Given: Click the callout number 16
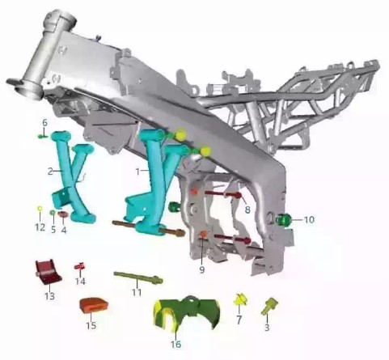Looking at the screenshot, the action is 175,344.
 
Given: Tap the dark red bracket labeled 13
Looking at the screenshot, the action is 48,273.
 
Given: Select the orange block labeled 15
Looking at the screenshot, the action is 93,305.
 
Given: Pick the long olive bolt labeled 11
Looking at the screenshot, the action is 137,277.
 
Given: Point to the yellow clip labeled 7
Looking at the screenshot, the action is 240,300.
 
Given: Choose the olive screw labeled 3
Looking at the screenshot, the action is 269,307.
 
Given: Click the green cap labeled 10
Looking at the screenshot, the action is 283,219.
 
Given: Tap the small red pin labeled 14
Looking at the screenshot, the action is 79,266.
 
